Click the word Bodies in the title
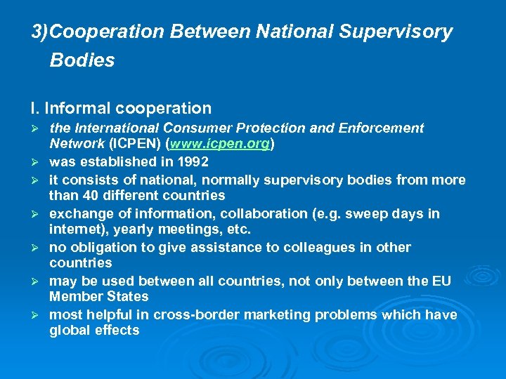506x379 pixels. point(82,60)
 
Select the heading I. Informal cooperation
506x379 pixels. point(121,108)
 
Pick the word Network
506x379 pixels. point(77,145)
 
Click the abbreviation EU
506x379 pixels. point(441,281)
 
